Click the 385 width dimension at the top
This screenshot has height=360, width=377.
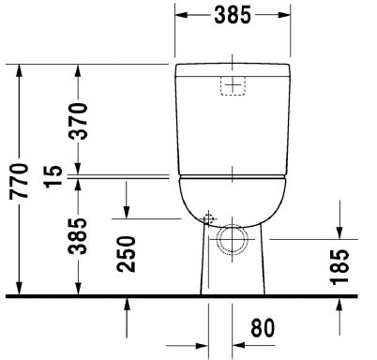pos(233,15)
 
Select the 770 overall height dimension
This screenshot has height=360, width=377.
pos(19,181)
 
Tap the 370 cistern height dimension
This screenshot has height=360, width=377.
pos(78,121)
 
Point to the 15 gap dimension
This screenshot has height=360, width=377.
pos(53,176)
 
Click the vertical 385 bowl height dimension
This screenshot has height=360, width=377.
pos(78,236)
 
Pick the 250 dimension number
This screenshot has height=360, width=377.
pos(127,254)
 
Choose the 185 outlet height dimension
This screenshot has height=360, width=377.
pos(339,267)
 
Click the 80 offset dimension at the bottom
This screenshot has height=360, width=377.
pos(263,328)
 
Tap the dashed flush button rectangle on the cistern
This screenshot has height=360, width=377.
pos(233,85)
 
